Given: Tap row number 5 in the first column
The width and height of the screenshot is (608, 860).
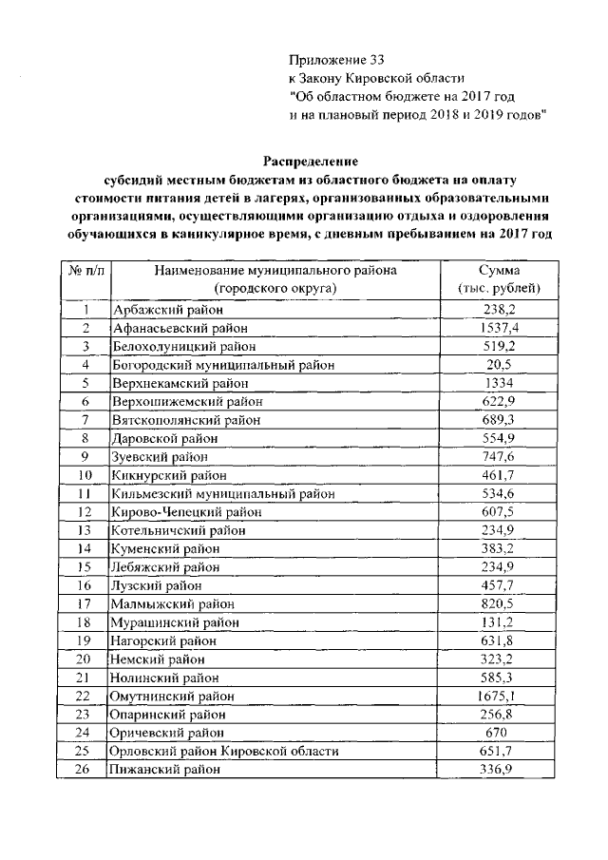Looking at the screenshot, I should tap(86, 383).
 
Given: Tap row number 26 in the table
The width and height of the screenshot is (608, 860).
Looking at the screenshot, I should tap(86, 770).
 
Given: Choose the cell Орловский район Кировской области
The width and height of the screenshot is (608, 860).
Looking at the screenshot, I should tap(225, 752).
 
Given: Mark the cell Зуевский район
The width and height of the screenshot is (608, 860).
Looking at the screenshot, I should tap(157, 457).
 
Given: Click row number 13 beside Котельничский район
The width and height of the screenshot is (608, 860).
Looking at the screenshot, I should tap(86, 530).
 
